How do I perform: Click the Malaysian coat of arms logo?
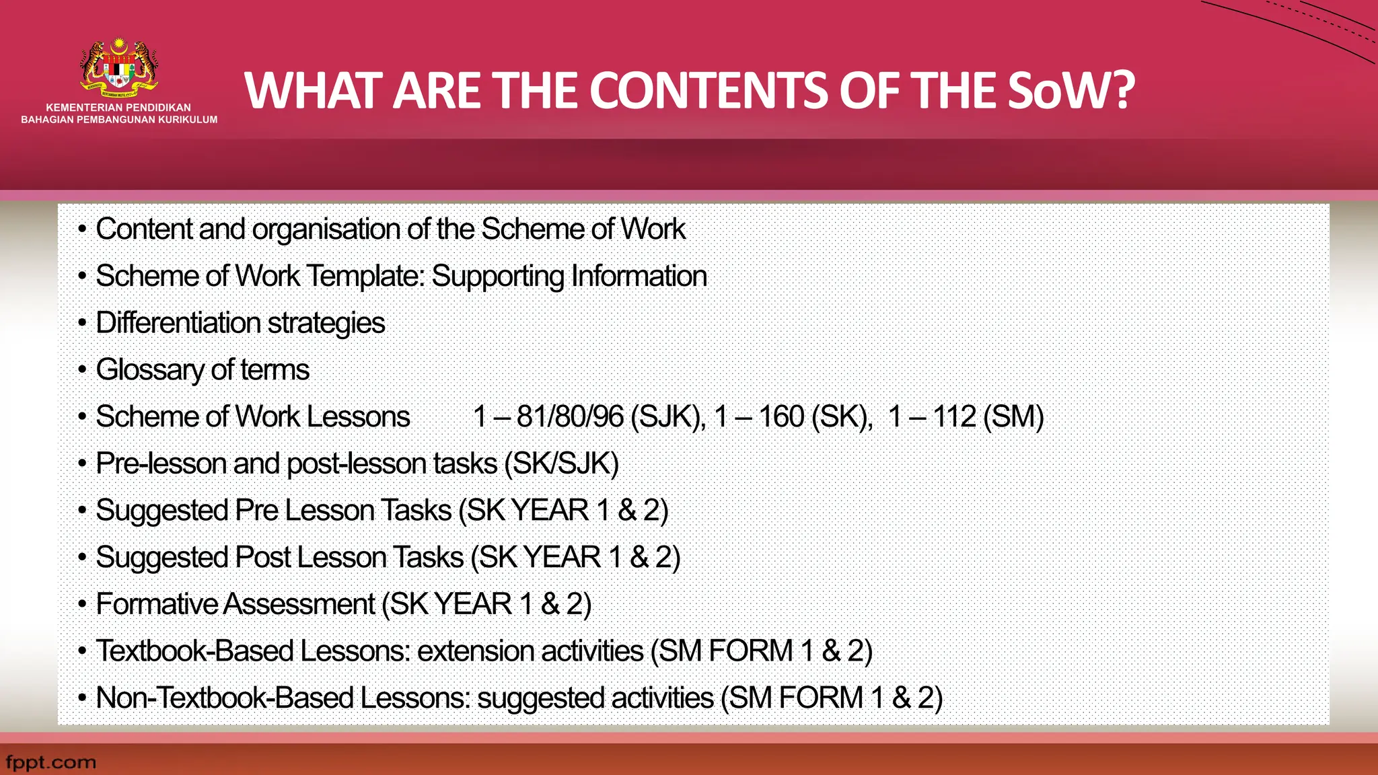click(x=119, y=67)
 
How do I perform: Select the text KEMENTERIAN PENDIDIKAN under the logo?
click(x=118, y=108)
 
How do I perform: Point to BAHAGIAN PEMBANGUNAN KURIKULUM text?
click(x=119, y=120)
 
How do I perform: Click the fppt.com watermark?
click(x=50, y=762)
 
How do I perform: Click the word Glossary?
click(x=149, y=370)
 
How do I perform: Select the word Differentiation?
click(x=178, y=323)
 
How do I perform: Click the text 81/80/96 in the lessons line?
click(x=570, y=416)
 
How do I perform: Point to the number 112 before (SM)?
click(x=953, y=416)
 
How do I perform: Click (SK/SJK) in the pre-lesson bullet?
click(x=561, y=464)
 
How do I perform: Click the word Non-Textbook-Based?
click(x=224, y=698)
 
